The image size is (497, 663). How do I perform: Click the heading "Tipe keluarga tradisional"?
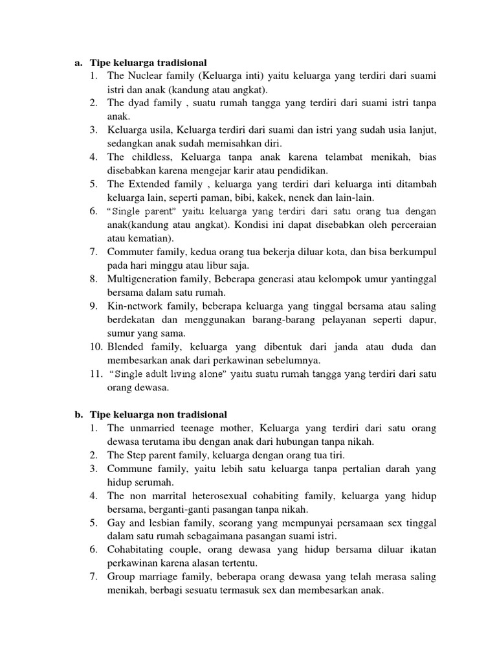[148, 63]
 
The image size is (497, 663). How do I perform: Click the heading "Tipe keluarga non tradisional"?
[158, 414]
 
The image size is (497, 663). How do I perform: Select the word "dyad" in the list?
[138, 103]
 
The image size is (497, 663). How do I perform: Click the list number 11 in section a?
[96, 374]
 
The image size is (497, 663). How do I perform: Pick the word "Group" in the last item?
[121, 577]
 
